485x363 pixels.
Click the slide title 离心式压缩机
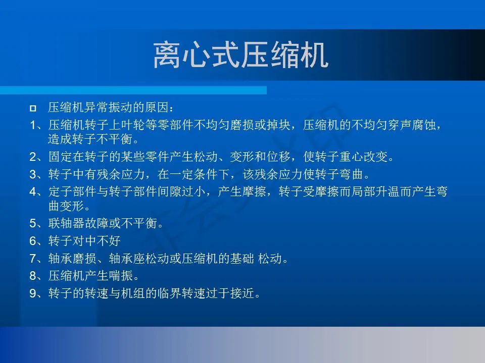tap(240, 55)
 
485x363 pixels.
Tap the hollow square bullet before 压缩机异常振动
tap(33, 108)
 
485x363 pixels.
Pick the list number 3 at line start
tap(33, 174)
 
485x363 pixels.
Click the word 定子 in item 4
tap(60, 192)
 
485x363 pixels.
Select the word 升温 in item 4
tap(387, 192)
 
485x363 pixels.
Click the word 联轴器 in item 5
tap(66, 223)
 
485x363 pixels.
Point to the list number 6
tap(33, 241)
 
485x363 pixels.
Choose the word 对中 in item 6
tap(84, 241)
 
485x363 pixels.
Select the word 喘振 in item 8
tap(121, 276)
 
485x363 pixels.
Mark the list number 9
tap(33, 293)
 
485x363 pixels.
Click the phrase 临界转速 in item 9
tap(181, 293)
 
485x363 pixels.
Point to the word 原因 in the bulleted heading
tap(158, 107)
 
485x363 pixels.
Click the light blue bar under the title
tap(133, 90)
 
